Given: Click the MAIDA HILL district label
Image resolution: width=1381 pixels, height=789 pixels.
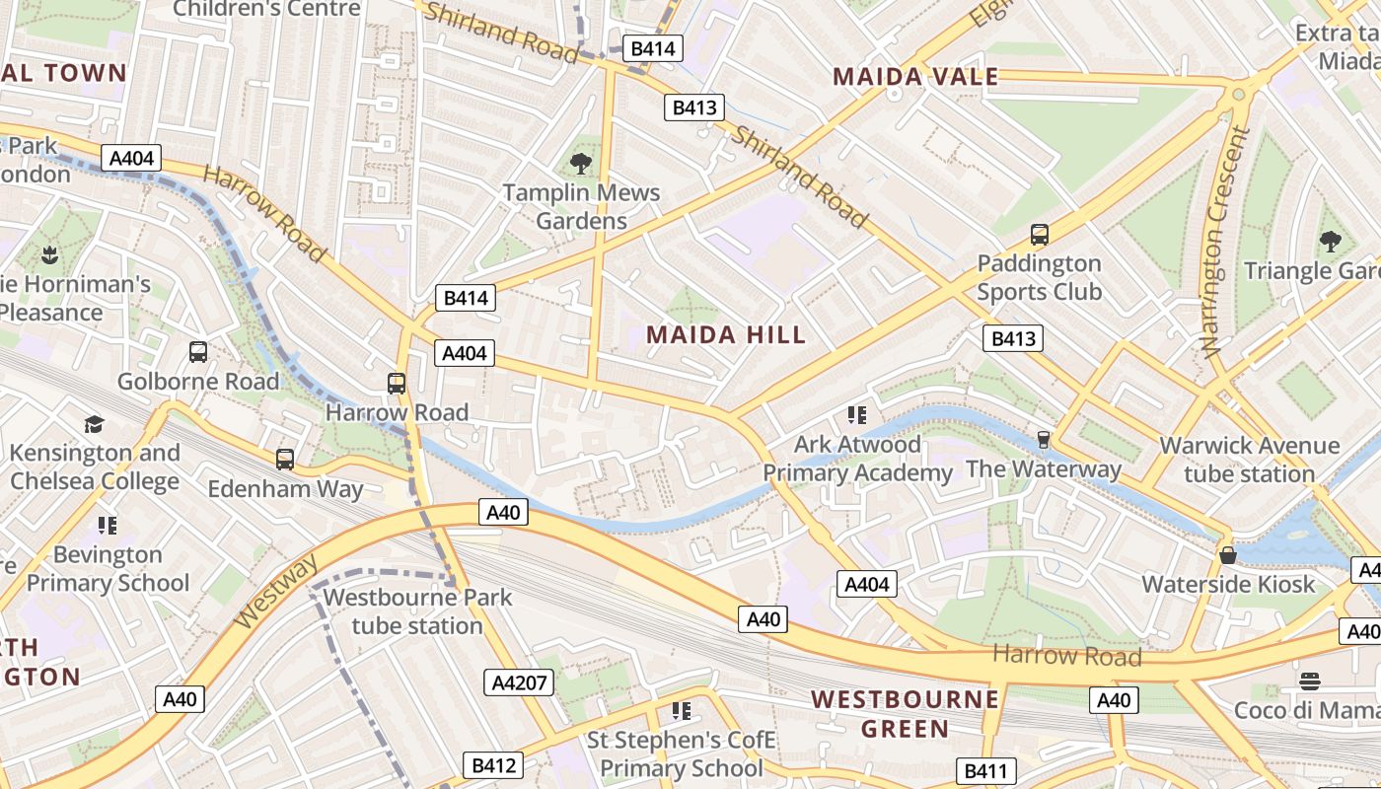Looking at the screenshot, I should [x=726, y=334].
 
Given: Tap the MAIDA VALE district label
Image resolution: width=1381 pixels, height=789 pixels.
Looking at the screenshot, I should [x=915, y=77].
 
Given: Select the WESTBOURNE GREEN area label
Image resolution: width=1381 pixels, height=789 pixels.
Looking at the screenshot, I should [x=905, y=714].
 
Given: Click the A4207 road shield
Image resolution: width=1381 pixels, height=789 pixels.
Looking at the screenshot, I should [x=520, y=682].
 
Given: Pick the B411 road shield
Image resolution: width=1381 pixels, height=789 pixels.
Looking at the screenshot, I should [x=984, y=771].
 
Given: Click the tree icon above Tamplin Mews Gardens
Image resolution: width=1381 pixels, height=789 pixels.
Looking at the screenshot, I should [x=581, y=163].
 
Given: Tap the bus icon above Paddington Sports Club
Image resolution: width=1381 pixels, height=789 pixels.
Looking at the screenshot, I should [x=1039, y=235].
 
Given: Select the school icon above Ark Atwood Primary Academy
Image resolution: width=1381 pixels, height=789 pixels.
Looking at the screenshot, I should [x=856, y=415].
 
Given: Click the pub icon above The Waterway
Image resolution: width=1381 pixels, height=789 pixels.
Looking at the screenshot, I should [x=1043, y=440].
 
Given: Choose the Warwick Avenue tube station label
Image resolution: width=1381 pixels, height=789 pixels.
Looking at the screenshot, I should [x=1249, y=460].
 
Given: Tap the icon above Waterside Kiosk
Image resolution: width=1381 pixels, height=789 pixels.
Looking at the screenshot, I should [x=1227, y=555].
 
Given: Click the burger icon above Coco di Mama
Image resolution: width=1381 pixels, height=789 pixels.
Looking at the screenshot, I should [x=1309, y=681].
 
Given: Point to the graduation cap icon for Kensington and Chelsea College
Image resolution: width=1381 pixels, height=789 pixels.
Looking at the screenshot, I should [x=94, y=424].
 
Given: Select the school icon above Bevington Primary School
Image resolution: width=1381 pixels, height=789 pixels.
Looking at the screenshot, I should [x=108, y=526].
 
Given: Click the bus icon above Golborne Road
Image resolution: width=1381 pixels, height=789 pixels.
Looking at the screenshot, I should [x=198, y=352].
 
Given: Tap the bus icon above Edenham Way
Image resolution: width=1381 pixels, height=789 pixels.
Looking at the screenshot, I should [x=285, y=460].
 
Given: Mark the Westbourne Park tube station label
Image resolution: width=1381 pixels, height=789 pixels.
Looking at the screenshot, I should [x=417, y=611].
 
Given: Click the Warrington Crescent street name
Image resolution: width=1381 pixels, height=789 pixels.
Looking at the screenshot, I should [x=1222, y=241].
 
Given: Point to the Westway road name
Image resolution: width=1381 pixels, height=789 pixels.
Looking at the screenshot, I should [x=277, y=592].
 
